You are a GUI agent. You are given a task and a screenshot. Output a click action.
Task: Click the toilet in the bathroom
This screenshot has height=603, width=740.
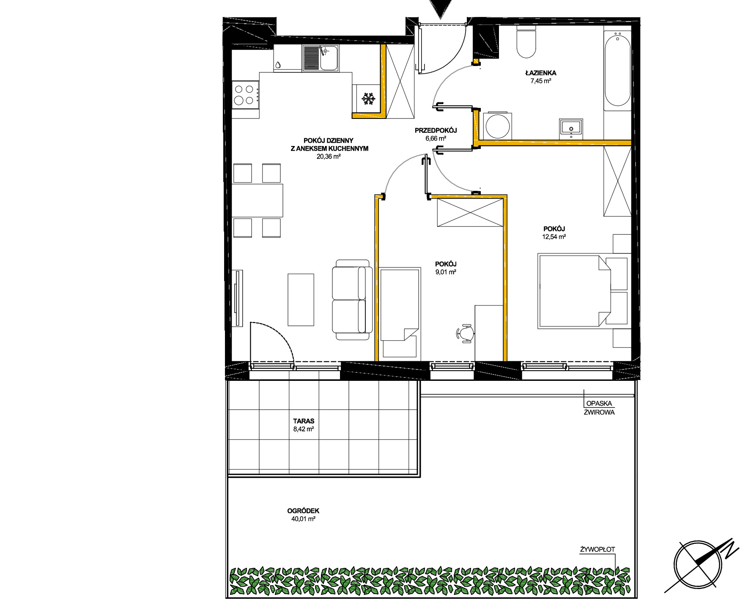point(526,41)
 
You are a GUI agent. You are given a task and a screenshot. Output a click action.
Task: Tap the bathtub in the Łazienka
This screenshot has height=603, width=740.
point(618,70)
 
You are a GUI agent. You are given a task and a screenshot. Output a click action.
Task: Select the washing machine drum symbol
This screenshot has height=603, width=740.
point(497,126)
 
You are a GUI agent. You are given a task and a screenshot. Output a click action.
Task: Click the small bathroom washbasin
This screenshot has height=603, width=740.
point(571,129)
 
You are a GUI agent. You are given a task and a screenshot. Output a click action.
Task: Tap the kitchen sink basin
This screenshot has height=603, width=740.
point(329,58)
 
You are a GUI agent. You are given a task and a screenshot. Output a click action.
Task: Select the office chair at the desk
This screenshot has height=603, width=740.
point(465,333)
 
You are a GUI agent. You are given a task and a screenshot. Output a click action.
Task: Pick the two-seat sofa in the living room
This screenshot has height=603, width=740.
point(352,300)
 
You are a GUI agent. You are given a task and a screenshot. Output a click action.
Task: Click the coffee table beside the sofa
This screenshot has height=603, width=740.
point(301,300)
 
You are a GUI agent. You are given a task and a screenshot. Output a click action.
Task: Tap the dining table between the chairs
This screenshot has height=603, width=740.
point(257,200)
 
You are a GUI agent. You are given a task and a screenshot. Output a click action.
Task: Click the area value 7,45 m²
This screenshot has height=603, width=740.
point(541,81)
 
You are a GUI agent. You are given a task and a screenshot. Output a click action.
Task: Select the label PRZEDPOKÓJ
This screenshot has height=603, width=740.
point(436,130)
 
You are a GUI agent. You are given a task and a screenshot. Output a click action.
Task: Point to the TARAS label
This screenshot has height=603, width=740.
point(304,421)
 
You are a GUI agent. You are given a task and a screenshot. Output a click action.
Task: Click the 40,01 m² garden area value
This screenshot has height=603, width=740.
point(303,519)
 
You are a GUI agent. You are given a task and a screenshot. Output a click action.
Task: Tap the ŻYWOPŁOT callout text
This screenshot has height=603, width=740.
point(597,549)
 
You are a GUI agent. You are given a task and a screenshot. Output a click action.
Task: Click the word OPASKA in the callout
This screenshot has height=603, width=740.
point(599,403)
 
